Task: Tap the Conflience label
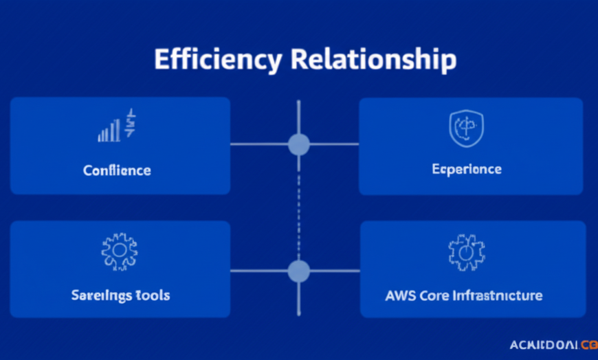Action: (117, 170)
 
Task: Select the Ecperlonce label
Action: (467, 169)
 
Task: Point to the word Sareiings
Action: (100, 295)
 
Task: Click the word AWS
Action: (401, 295)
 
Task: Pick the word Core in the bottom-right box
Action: (434, 295)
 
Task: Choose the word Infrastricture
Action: (496, 295)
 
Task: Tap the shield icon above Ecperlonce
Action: (467, 128)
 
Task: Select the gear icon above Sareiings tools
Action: (119, 251)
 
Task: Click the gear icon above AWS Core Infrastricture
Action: (467, 252)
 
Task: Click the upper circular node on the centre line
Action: (298, 144)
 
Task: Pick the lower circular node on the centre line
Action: (298, 271)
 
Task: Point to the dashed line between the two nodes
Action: (298, 206)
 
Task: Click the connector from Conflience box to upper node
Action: (258, 144)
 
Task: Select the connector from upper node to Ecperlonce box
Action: (334, 144)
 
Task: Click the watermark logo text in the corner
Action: (553, 345)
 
